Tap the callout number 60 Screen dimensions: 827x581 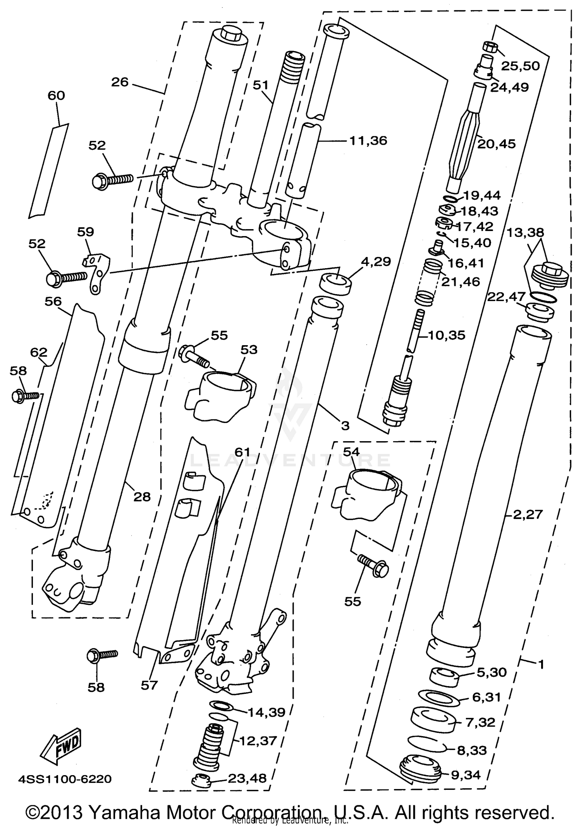[56, 96]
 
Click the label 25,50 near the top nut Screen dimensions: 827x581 [520, 66]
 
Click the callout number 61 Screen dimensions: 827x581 [242, 452]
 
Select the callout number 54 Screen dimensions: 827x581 [351, 452]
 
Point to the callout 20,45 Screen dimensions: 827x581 [496, 144]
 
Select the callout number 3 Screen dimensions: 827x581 [345, 426]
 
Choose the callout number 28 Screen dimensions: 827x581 [141, 497]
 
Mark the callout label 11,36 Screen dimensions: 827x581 [368, 140]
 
